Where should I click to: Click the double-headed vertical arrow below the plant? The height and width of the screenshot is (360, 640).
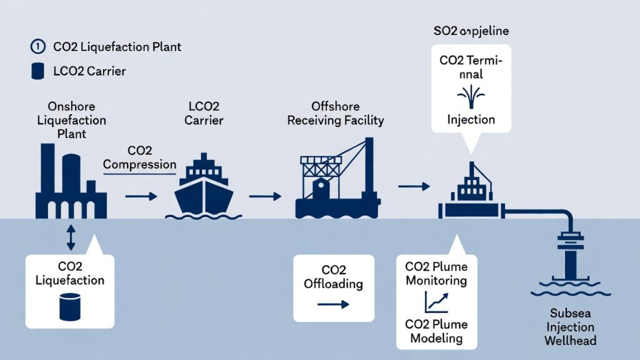(70, 237)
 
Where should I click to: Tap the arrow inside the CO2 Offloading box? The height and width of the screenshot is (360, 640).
(332, 305)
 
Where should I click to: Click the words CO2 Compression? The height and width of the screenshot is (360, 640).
(139, 158)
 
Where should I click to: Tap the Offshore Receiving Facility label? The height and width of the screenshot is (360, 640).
(335, 113)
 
